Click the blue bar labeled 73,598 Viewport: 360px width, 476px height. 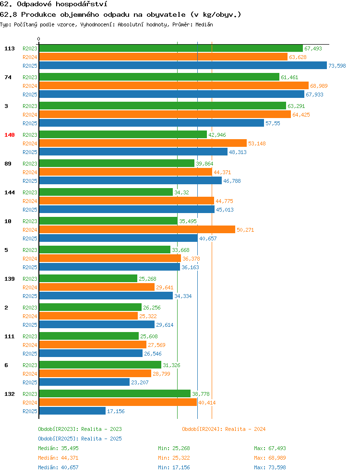click(183, 65)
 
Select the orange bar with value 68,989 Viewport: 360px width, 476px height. click(174, 85)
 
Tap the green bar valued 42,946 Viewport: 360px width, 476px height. click(123, 134)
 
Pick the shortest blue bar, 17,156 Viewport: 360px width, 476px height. click(72, 411)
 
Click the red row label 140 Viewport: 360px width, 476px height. click(10, 135)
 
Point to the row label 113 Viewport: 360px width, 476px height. click(10, 48)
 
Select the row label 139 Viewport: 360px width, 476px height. click(10, 279)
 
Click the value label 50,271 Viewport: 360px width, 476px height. click(245, 230)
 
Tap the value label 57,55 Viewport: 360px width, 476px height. click(273, 123)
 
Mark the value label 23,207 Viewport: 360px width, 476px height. click(140, 382)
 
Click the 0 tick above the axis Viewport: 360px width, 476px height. click(38, 39)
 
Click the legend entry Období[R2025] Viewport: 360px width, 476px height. click(59, 439)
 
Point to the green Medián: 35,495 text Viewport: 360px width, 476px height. click(58, 448)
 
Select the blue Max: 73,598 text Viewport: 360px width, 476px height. click(270, 467)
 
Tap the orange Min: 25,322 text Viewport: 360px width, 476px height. click(174, 457)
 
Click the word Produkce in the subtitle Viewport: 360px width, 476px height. click(38, 14)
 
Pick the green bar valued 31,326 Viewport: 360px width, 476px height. click(100, 365)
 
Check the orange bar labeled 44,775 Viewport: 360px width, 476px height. click(127, 201)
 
